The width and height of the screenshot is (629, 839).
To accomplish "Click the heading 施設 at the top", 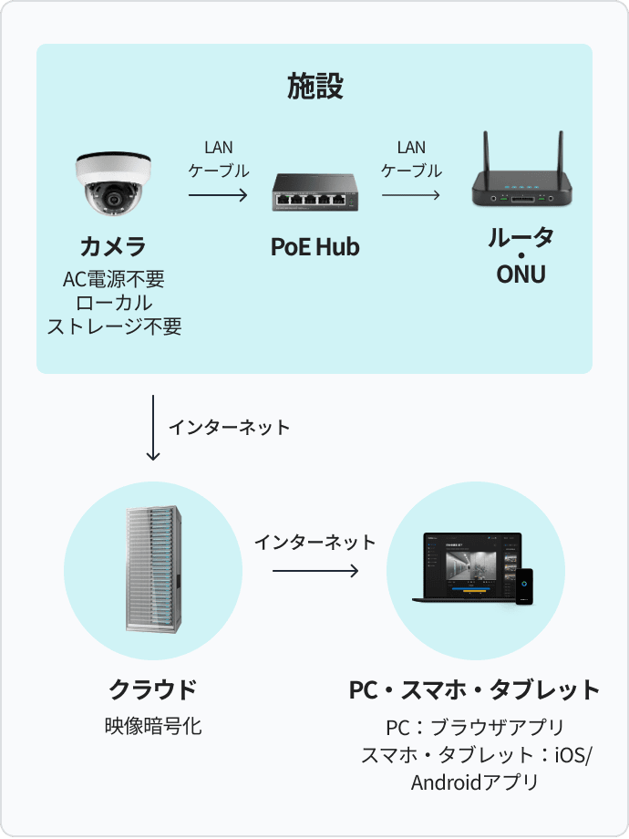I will [314, 88].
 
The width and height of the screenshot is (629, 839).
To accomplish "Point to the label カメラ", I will [113, 246].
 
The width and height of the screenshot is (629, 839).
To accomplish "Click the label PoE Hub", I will [314, 246].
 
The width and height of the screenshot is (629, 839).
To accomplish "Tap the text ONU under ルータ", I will [521, 274].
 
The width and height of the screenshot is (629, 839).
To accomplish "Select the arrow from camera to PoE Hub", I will [218, 194].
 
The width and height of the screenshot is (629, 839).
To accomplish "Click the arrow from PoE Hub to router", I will [410, 194].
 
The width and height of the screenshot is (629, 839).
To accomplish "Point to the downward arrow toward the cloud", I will [153, 428].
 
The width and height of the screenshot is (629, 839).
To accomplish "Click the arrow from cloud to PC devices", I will [314, 572].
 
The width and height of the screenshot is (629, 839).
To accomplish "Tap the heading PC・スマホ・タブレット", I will [475, 689].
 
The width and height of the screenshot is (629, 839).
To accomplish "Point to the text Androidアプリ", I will [475, 782].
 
